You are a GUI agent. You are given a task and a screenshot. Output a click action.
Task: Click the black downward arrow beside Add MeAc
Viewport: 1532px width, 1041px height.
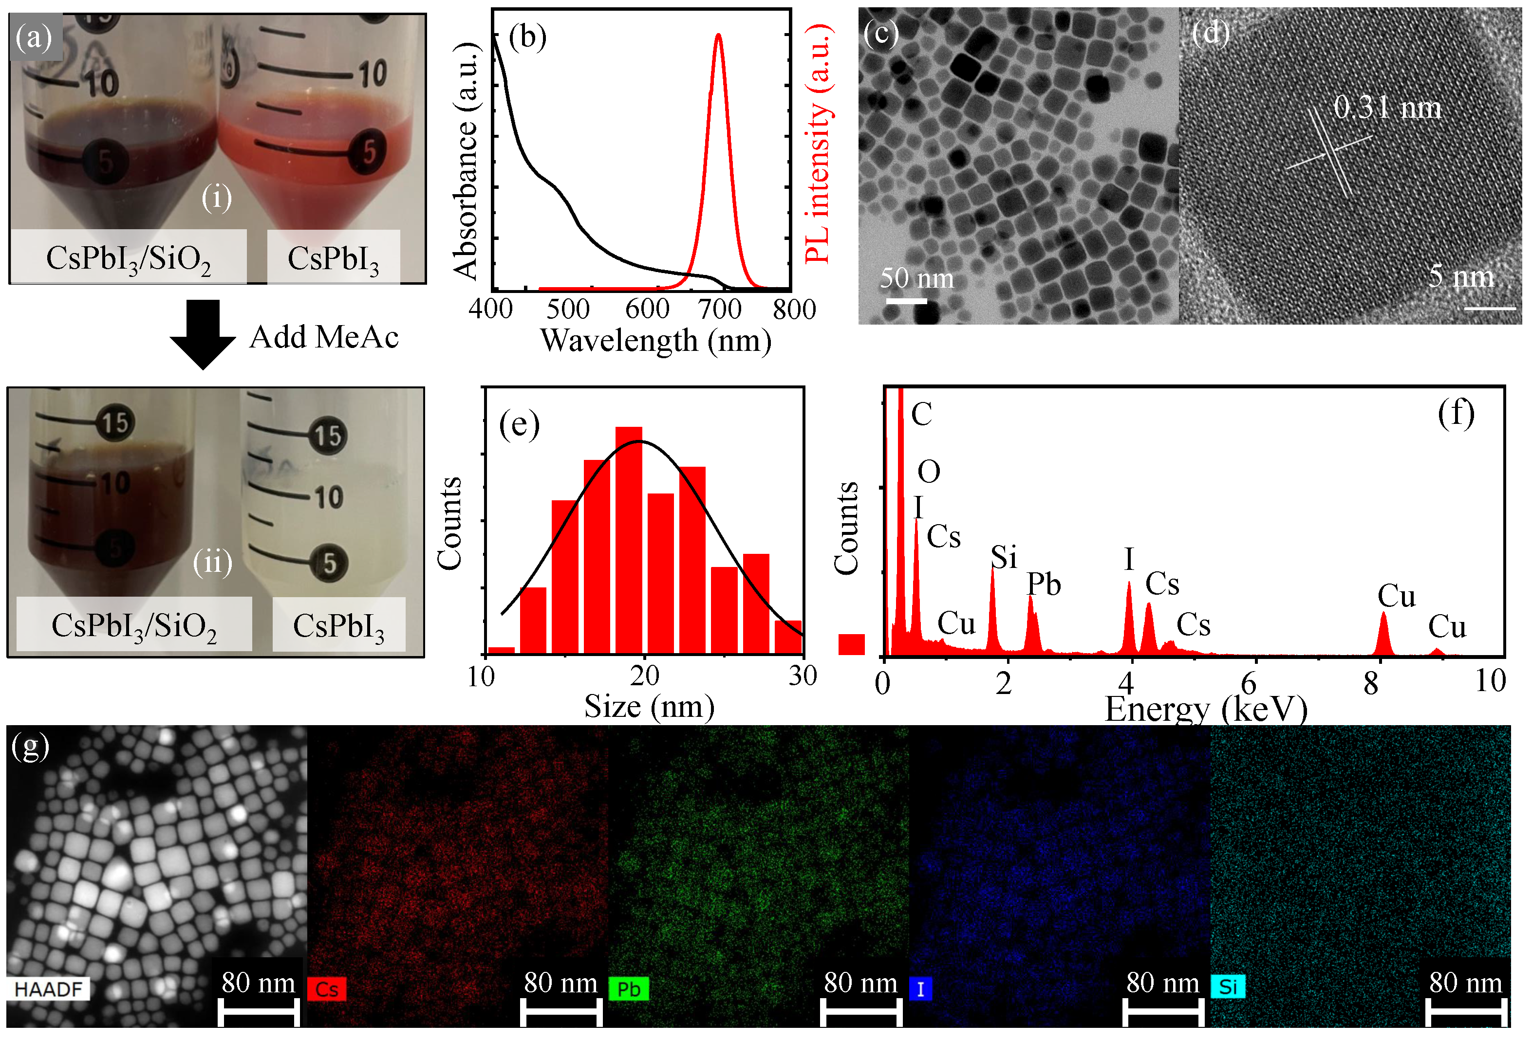[203, 333]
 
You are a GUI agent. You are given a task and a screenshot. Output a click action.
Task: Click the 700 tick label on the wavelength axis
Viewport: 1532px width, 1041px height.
[719, 309]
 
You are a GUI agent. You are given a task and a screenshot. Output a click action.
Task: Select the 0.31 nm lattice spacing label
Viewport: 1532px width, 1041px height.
[1387, 108]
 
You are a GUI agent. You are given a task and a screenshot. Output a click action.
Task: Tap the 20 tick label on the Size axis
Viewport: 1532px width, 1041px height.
[644, 676]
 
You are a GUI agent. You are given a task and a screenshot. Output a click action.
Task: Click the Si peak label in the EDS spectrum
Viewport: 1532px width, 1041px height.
[1003, 557]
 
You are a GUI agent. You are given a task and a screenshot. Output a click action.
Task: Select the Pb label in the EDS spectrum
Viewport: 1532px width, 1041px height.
[1044, 584]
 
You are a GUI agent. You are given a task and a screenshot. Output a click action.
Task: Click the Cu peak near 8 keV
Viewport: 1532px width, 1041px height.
[1383, 633]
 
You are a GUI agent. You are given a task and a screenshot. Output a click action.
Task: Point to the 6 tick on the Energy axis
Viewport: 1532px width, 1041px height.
[1248, 684]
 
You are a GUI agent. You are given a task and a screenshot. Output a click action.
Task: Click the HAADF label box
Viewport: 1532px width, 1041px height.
[48, 989]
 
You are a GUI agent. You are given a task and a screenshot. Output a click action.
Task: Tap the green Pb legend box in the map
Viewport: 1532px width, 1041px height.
[628, 989]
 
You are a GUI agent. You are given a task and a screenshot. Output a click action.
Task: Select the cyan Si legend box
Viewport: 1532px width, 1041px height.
[1228, 987]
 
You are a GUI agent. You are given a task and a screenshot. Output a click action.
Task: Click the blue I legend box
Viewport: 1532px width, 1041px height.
[920, 989]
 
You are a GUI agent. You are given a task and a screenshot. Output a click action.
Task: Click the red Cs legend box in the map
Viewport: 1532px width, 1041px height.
[326, 989]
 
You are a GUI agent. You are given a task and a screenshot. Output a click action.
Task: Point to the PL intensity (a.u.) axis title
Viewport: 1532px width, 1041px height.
[818, 144]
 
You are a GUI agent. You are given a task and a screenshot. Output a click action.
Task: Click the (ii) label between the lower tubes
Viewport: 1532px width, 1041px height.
[212, 563]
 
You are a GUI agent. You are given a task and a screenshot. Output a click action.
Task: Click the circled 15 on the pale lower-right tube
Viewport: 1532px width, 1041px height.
[328, 436]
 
